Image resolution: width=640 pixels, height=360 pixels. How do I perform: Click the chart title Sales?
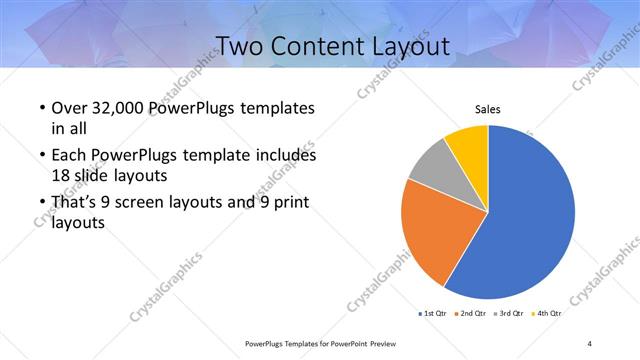(487, 109)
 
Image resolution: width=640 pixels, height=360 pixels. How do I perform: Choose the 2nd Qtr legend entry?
(472, 314)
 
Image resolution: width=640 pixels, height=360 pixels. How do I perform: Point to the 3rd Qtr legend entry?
(509, 314)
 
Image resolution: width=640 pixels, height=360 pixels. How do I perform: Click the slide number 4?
(590, 343)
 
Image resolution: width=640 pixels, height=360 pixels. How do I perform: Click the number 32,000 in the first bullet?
(131, 108)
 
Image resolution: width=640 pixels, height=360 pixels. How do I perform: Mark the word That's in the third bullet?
(77, 203)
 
